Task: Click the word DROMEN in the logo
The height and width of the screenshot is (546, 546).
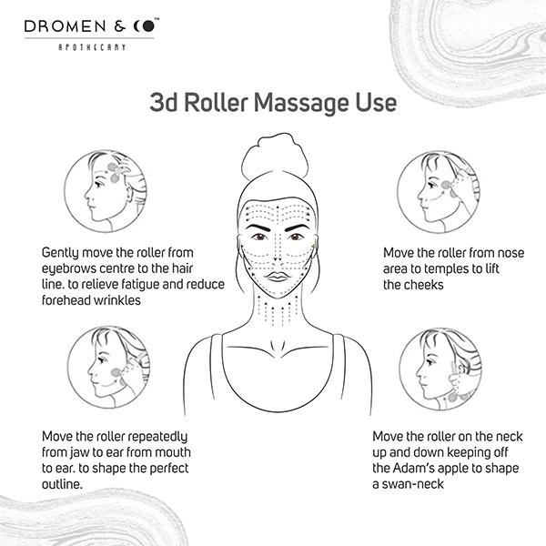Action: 66,26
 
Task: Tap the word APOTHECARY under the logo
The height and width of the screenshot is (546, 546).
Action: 92,47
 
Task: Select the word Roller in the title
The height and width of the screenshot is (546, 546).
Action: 216,103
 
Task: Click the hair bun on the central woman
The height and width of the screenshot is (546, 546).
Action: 275,156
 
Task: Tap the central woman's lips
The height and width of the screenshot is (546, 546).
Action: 278,277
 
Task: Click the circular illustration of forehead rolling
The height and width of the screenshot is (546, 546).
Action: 106,191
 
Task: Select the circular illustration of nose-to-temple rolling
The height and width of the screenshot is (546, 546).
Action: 439,192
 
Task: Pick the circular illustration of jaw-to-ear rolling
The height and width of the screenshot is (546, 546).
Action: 108,367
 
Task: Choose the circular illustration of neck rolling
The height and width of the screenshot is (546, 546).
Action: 440,369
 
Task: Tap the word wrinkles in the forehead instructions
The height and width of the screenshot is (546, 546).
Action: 117,300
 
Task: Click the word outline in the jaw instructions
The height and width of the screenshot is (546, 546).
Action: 62,484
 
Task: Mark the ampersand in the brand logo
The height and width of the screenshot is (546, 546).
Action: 119,26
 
